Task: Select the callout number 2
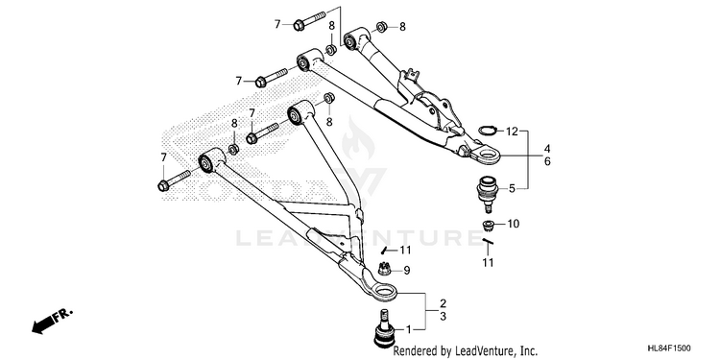point(444,303)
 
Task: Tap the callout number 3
point(444,317)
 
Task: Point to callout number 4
point(547,149)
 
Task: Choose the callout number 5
point(512,188)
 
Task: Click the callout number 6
point(547,161)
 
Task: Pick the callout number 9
point(407,271)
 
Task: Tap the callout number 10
point(513,224)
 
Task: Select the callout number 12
point(512,132)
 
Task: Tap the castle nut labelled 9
point(384,268)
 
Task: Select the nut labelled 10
point(488,225)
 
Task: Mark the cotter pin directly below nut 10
point(488,241)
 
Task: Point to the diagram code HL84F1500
point(668,348)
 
